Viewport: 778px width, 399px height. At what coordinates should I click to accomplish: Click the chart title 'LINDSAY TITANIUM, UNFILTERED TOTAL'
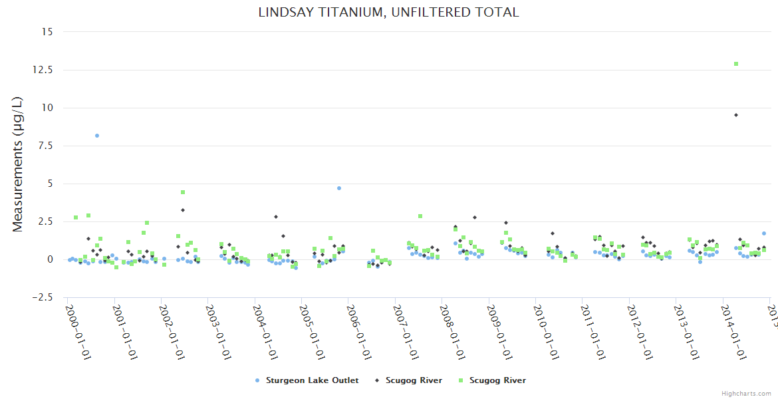[388, 12]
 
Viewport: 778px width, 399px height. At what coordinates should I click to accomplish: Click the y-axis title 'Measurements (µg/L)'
[17, 164]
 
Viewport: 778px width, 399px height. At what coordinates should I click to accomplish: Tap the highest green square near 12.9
[736, 64]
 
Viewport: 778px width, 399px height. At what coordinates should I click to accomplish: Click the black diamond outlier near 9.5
[736, 115]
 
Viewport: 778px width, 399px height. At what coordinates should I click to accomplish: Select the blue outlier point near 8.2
[97, 136]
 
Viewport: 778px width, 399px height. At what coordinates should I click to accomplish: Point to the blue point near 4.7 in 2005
[339, 188]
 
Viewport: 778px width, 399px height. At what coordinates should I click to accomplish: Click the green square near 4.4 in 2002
[183, 192]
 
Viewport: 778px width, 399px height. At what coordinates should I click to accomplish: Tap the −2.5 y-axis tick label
[44, 297]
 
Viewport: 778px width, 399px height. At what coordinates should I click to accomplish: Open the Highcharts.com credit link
[747, 393]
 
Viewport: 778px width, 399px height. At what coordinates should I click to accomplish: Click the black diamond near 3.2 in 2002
[183, 210]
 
